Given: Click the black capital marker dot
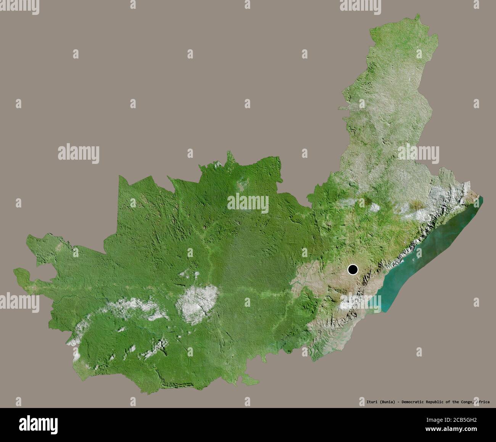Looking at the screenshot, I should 353,270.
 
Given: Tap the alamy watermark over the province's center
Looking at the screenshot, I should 248,203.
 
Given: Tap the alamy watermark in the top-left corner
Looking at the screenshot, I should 19,5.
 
